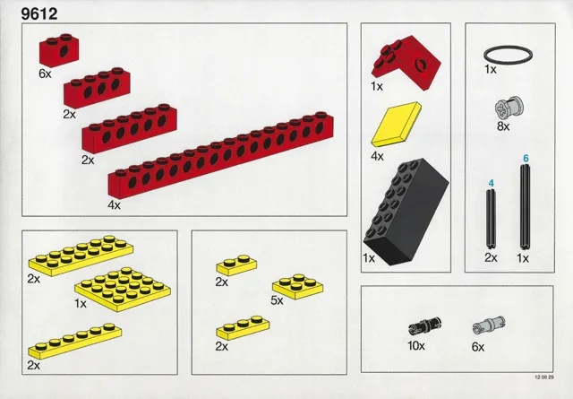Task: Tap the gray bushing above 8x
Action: pos(503,109)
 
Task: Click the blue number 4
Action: pos(491,184)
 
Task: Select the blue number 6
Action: pos(526,159)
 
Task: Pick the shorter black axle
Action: pos(491,220)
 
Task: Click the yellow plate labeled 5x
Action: pos(295,283)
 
